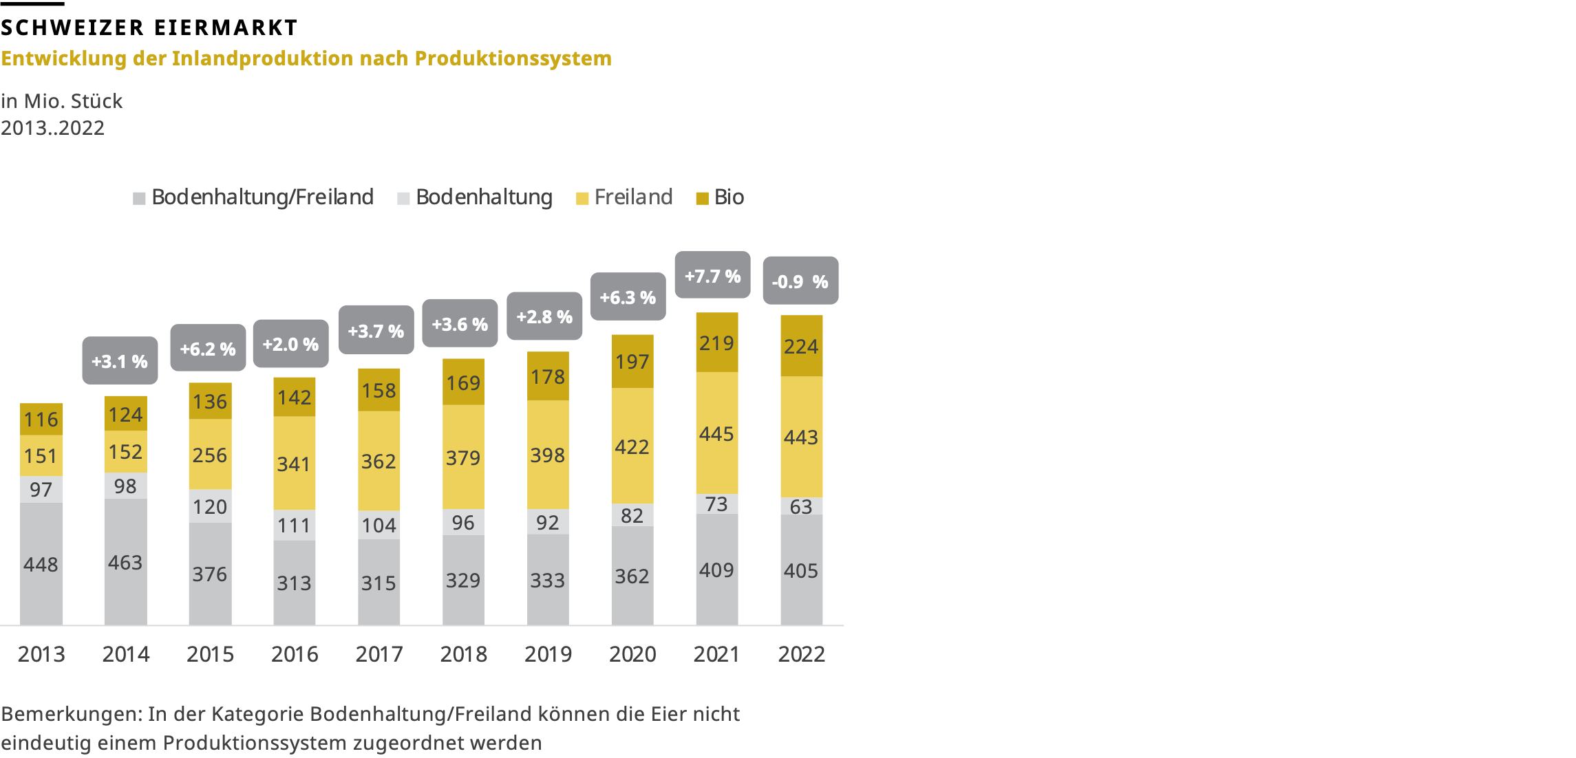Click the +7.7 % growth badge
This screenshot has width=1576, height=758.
712,276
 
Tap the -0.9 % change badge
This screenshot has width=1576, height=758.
800,281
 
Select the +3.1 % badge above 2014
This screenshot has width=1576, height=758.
120,361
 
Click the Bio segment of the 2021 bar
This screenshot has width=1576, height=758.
716,343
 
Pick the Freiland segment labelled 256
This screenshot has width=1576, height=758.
210,455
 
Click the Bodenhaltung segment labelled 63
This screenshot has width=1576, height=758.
801,506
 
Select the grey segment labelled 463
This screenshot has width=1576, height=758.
125,562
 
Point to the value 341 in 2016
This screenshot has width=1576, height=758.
294,464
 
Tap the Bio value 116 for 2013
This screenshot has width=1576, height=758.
41,419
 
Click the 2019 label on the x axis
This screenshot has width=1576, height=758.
548,653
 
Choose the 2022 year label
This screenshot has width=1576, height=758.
801,653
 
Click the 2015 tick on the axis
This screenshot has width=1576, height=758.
210,653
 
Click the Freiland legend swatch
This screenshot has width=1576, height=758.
582,199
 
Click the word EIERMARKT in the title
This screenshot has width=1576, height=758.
226,28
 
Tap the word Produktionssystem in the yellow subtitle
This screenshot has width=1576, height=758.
513,58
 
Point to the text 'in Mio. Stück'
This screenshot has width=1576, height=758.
62,101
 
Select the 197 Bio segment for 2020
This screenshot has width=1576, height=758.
632,361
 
